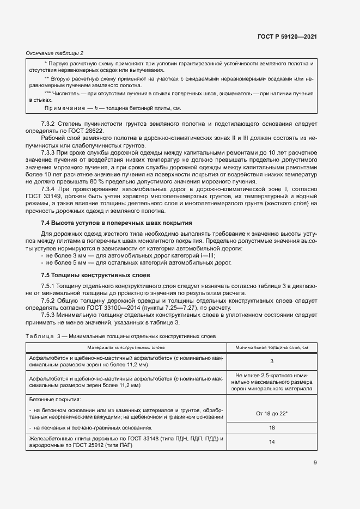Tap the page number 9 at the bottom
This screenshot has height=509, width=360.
315,463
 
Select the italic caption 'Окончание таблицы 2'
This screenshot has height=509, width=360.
54,53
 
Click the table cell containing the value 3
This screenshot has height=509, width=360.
271,361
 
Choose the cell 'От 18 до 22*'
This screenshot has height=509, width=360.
271,413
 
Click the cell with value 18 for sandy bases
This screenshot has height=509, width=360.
271,428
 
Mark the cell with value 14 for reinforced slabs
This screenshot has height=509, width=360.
271,442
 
